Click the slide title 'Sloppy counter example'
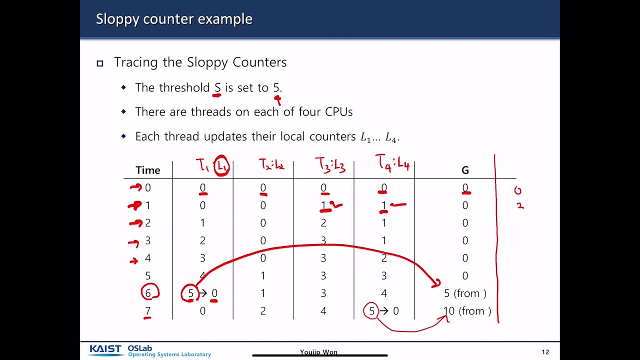click(174, 19)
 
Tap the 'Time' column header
click(147, 170)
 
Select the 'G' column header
click(465, 170)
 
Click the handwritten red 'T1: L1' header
click(212, 165)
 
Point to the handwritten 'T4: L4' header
click(392, 163)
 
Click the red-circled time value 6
click(148, 293)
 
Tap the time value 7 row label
click(147, 311)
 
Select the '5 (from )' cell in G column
click(465, 293)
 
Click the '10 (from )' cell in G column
click(467, 311)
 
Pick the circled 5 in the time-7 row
click(371, 311)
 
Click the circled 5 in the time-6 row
click(190, 293)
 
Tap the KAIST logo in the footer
click(106, 349)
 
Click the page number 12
click(545, 352)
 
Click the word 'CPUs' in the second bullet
click(339, 111)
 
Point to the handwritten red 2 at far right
click(520, 205)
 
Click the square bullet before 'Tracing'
click(100, 63)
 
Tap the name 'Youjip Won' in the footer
click(318, 352)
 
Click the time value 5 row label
click(147, 275)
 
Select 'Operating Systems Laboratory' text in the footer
click(169, 354)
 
